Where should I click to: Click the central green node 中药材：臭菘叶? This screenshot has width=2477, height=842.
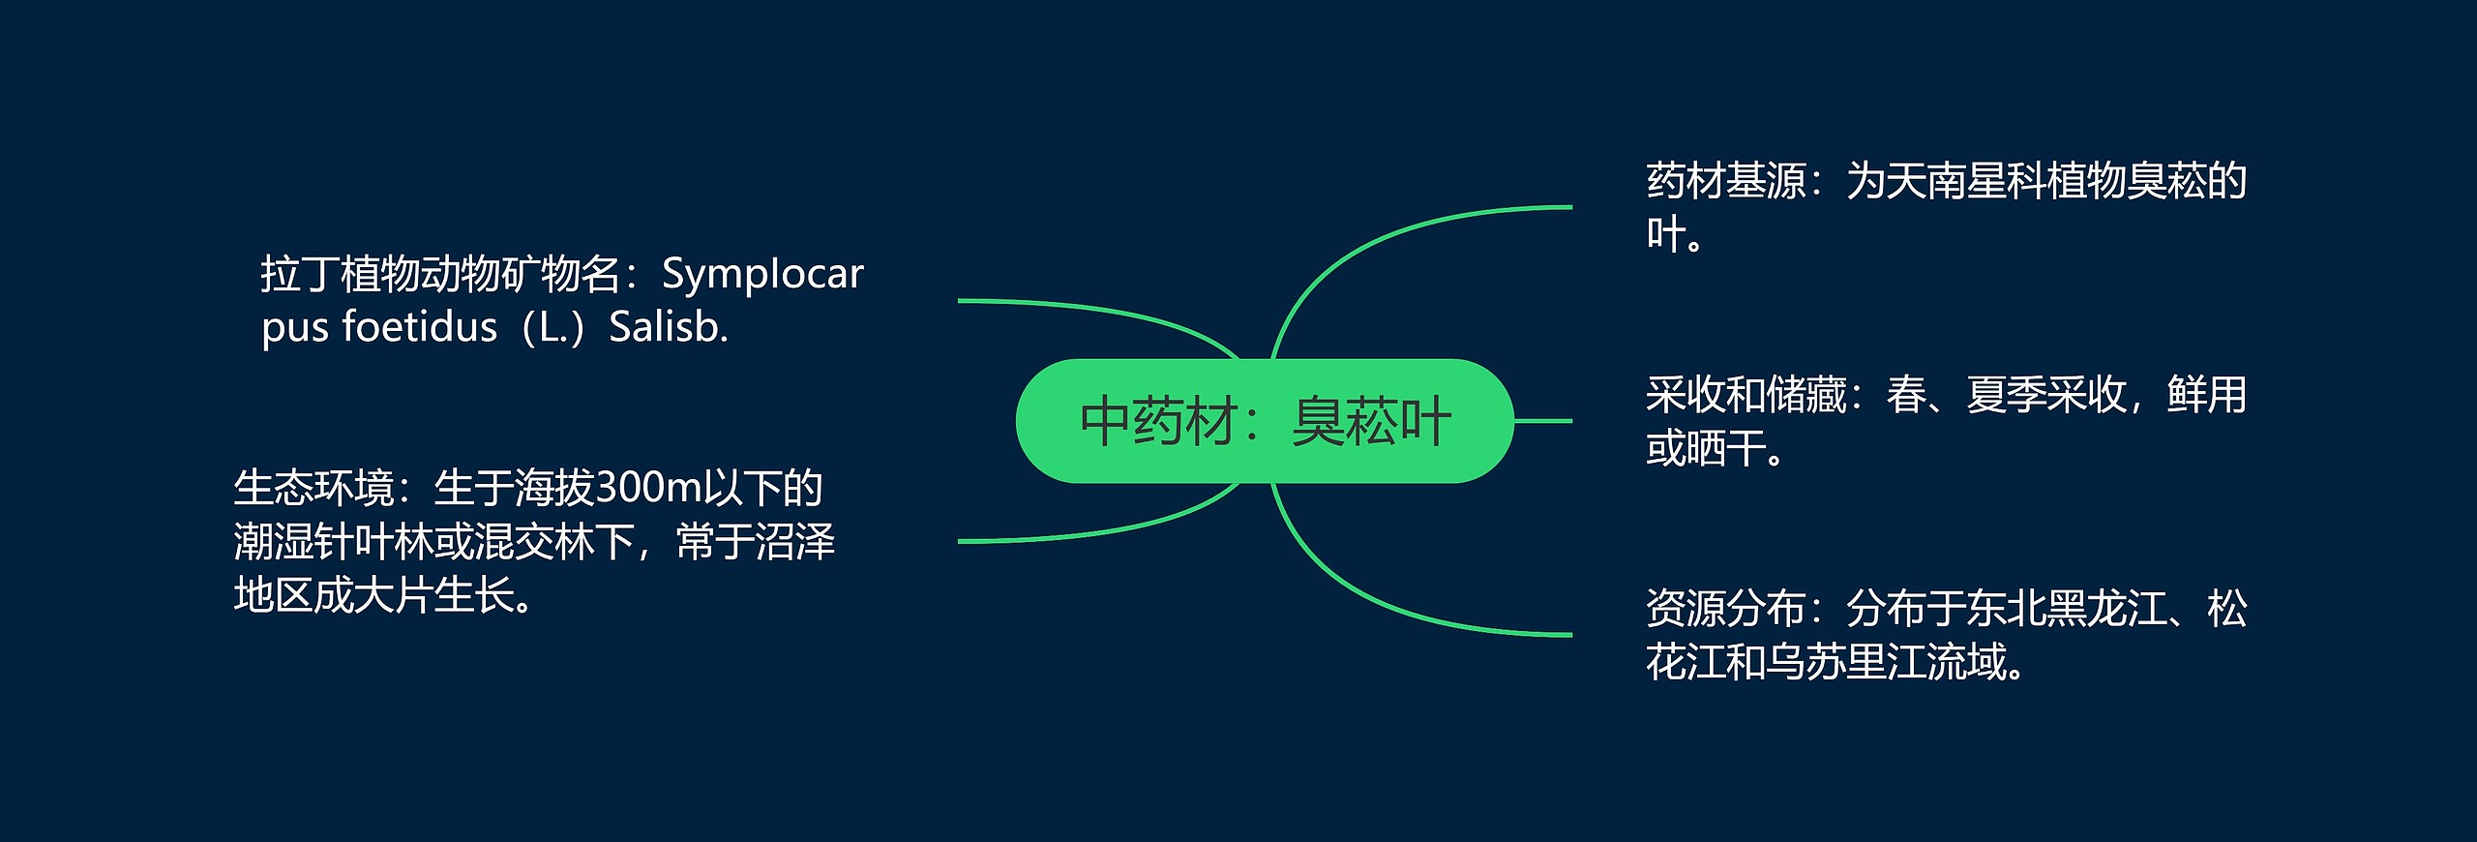pos(1264,421)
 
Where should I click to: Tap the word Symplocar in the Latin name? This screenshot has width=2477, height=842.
pos(761,275)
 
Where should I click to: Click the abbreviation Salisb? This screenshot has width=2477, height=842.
pos(668,327)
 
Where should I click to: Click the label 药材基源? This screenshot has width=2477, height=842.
pos(1725,181)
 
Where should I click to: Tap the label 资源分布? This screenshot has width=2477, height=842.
pos(1725,609)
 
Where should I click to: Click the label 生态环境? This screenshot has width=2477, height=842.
pos(313,488)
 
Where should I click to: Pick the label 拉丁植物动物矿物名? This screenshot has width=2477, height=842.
pos(440,275)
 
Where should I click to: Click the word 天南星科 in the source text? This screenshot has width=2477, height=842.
pos(1965,181)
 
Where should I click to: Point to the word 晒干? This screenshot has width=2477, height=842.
pos(1725,449)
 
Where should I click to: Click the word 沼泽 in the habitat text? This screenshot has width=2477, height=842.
pos(794,542)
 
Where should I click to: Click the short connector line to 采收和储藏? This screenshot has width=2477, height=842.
pos(1542,421)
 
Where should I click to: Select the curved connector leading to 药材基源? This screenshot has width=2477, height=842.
pos(1374,242)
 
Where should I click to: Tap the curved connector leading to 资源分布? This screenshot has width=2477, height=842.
pos(1374,600)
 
